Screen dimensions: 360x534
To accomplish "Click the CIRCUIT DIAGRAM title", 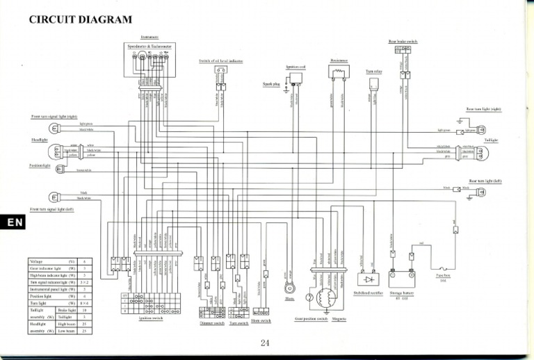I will pos(81,19).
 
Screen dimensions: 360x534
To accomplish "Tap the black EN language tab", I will pos(14,222).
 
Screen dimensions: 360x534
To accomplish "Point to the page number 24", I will pos(264,341).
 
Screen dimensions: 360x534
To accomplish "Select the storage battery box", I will pos(400,279).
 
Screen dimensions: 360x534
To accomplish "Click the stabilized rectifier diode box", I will pos(366,279).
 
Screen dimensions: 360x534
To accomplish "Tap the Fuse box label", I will pos(443,275).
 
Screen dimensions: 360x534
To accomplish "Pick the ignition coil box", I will pos(296,76).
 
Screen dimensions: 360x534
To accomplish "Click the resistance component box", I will pos(339,72).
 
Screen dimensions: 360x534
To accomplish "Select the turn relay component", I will pos(373,83).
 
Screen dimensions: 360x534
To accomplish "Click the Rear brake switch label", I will pos(403,42).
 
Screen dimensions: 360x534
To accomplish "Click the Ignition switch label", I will pos(151,318).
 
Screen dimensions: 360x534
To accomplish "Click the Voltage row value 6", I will pos(83,261).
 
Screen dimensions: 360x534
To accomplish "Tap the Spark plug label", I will pos(270,84).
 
